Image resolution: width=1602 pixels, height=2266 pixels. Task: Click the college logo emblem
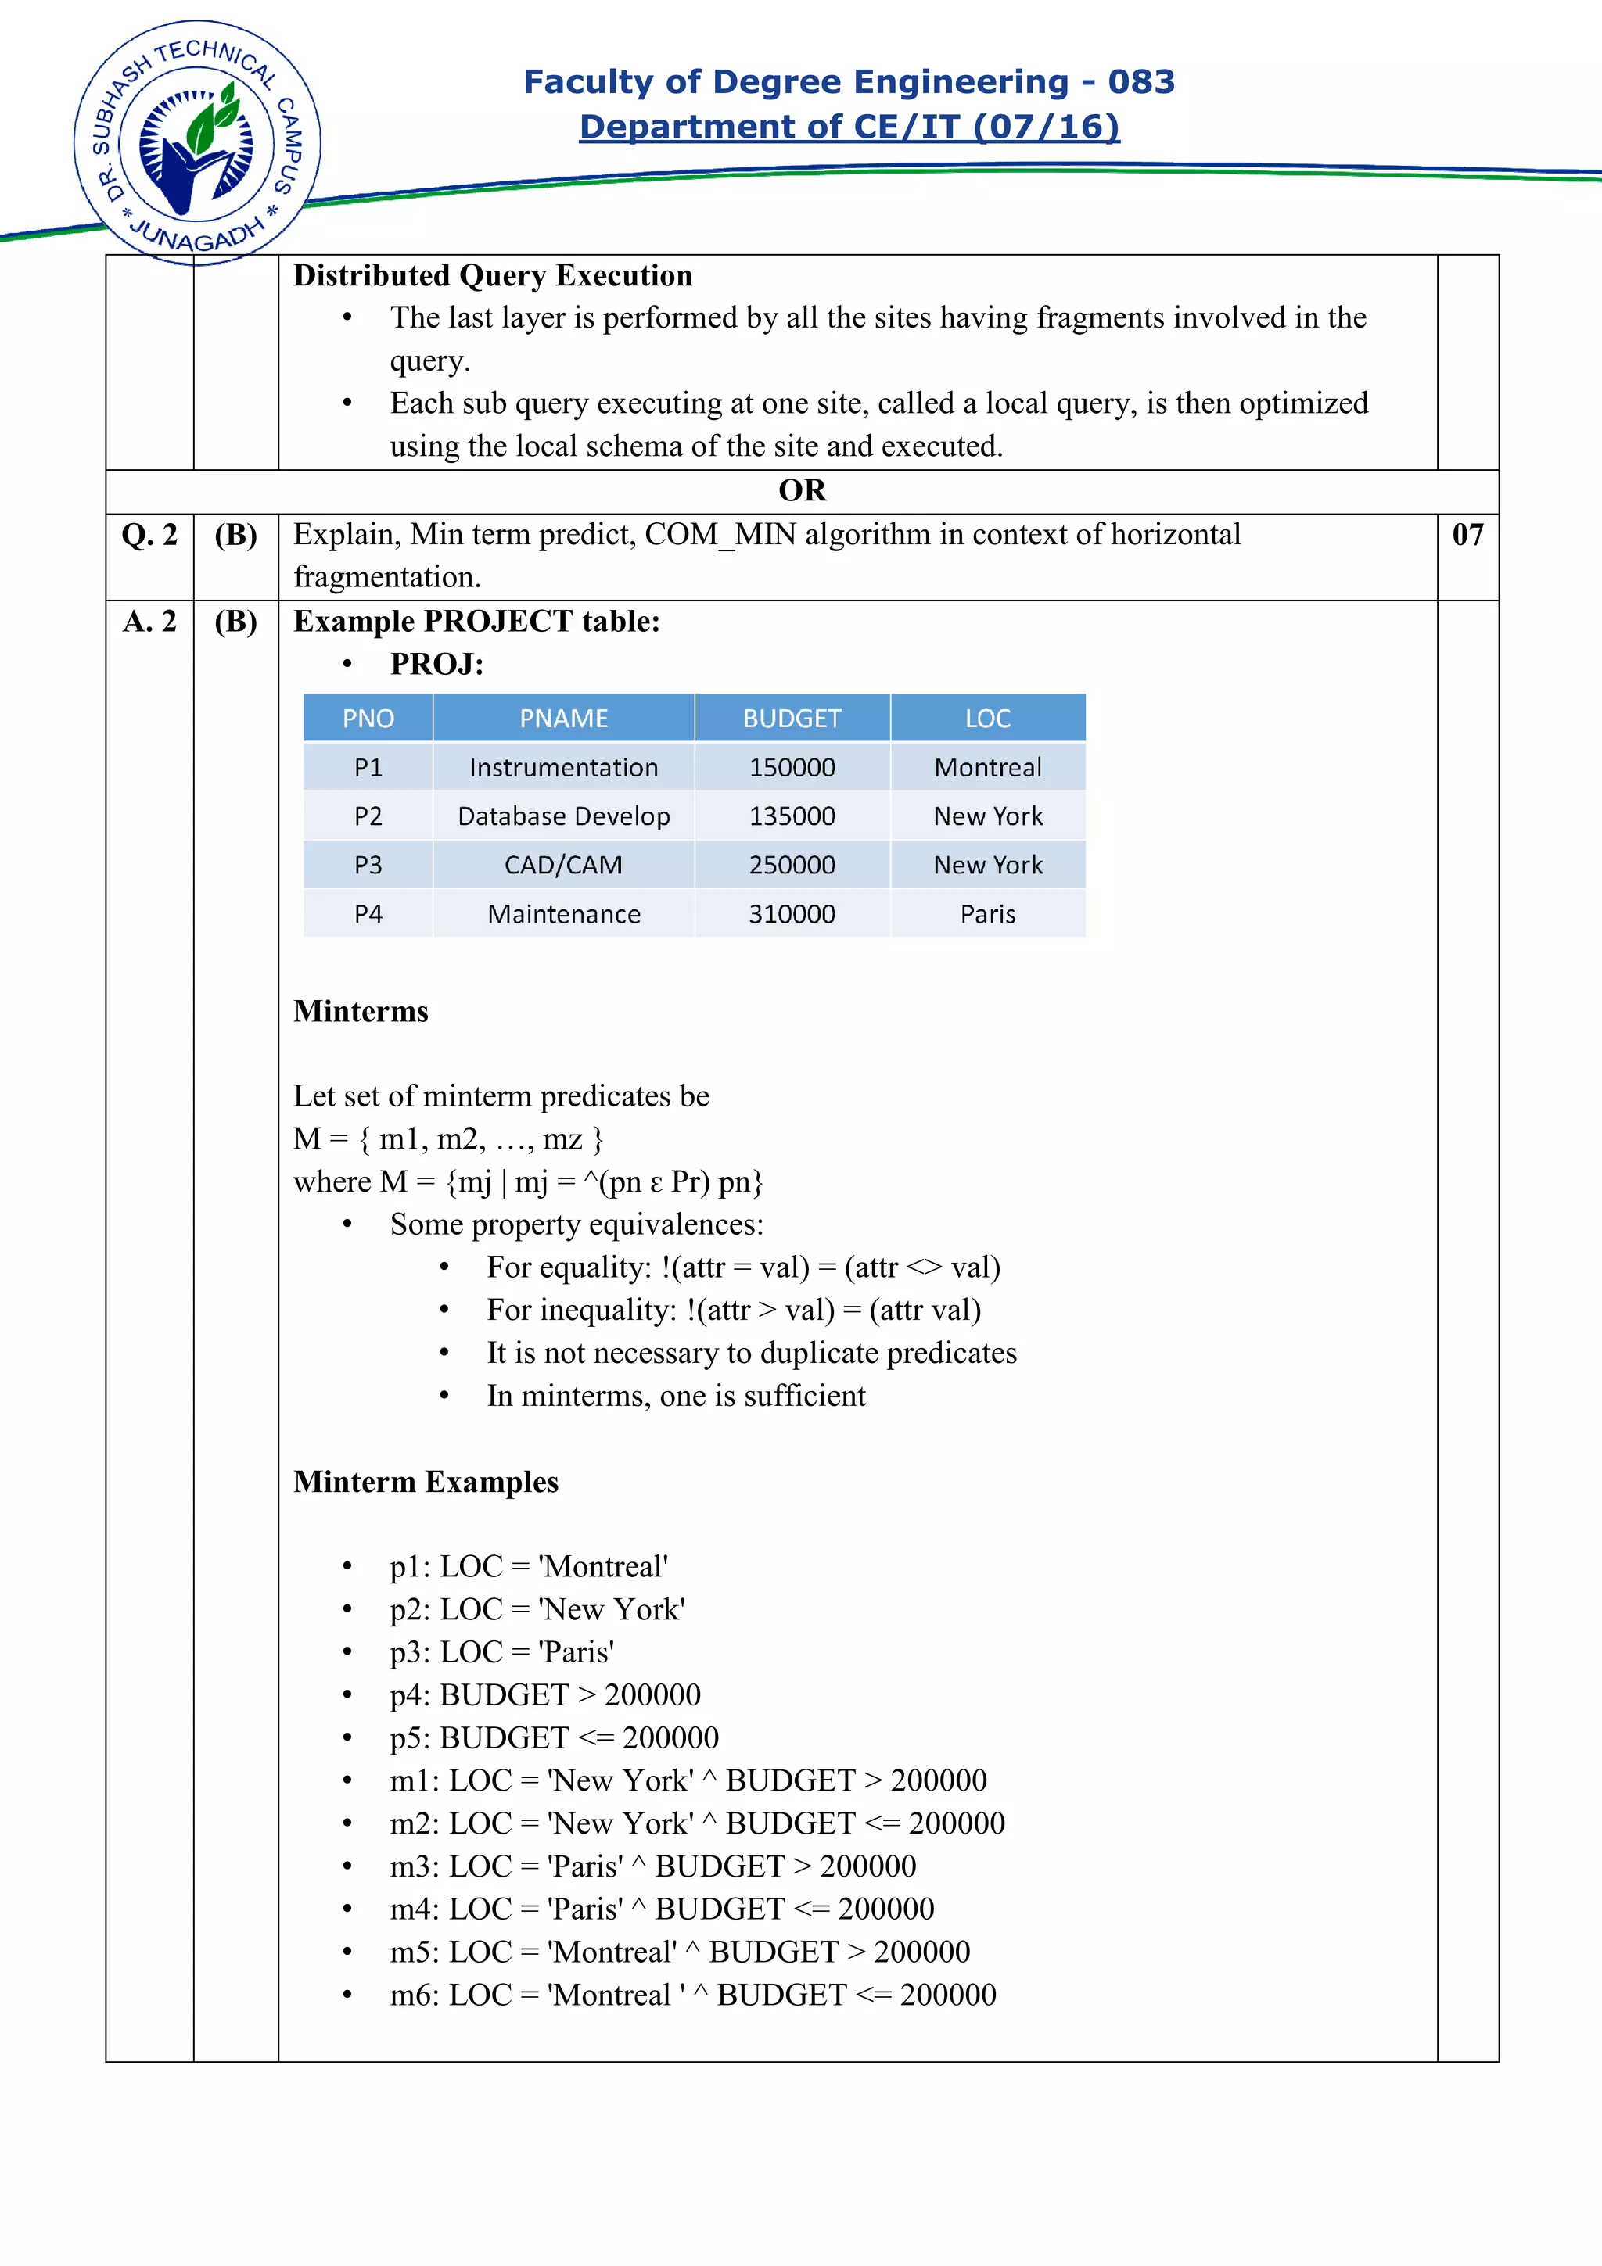click(x=197, y=143)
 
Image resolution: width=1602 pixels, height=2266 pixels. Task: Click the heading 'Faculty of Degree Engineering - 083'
click(x=849, y=82)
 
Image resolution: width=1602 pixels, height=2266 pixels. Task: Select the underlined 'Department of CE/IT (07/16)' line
click(x=849, y=127)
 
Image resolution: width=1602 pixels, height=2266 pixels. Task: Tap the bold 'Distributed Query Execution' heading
click(x=493, y=275)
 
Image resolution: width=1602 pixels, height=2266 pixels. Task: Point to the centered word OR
click(x=802, y=490)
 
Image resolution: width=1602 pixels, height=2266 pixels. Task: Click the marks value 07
click(x=1467, y=535)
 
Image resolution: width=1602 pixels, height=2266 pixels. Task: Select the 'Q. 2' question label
click(x=149, y=535)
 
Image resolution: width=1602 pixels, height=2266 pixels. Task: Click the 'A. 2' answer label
click(x=149, y=622)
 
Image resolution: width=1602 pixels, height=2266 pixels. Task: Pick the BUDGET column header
click(x=792, y=719)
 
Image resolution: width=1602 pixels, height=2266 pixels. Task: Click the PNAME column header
click(x=564, y=719)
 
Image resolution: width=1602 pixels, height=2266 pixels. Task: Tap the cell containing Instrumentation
click(x=564, y=768)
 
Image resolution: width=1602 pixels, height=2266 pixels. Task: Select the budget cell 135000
click(x=792, y=816)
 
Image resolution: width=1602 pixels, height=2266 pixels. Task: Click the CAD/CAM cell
click(x=564, y=866)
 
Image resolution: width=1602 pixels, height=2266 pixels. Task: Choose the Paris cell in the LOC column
click(x=987, y=915)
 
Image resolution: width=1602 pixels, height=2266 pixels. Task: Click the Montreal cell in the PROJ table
click(x=987, y=768)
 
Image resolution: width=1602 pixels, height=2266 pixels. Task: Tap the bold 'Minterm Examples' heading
click(x=426, y=1483)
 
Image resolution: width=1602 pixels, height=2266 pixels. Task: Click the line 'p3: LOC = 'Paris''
click(x=501, y=1653)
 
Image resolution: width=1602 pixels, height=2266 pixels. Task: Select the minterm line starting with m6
click(x=692, y=1995)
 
